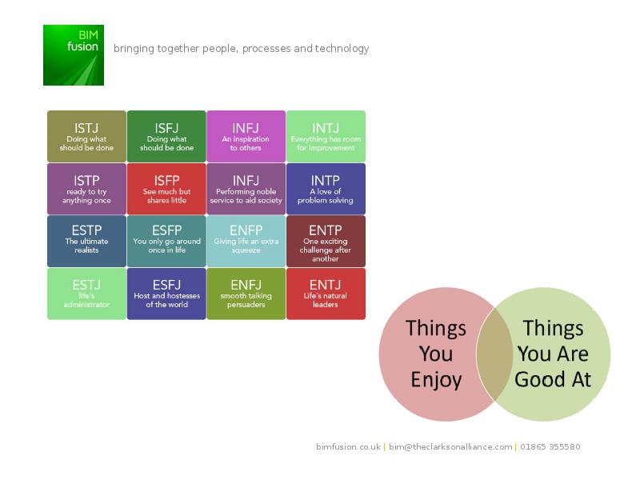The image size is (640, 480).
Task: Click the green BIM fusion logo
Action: point(74,55)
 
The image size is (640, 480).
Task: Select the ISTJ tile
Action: point(86,136)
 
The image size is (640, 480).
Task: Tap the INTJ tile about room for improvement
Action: point(326,136)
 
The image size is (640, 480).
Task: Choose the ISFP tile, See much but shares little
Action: point(166,189)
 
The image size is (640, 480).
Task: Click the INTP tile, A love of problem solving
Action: point(326,189)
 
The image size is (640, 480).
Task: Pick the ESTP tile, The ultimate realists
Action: point(86,242)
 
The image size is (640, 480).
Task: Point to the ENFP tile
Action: point(246,242)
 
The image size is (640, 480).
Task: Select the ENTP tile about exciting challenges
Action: point(326,242)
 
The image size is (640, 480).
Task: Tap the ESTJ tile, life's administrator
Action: point(86,294)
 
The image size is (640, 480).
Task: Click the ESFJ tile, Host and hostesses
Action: point(166,294)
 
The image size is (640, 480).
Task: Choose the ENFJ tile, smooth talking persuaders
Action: point(246,294)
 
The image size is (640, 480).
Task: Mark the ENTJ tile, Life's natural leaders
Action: point(326,294)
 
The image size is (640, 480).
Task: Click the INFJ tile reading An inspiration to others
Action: point(246,136)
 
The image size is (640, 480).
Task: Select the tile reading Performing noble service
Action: point(246,189)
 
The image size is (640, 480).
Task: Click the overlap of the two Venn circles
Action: point(494,354)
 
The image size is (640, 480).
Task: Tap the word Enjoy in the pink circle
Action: point(436,380)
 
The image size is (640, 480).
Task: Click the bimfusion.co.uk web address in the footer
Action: point(348,446)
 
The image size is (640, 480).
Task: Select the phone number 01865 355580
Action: point(550,446)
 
